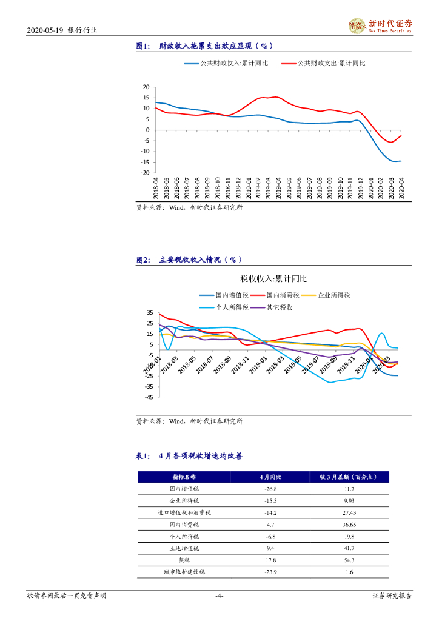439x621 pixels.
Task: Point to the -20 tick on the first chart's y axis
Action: pos(145,173)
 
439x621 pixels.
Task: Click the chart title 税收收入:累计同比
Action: pos(273,279)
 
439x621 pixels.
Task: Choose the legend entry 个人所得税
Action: pos(232,307)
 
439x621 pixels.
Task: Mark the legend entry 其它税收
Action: pos(280,307)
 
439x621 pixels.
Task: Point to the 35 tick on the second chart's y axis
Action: pos(150,312)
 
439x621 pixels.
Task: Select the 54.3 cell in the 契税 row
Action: pos(366,560)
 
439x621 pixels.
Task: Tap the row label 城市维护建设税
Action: pos(184,572)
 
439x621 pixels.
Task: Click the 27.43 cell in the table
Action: pos(366,512)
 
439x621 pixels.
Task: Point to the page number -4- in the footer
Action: pos(219,596)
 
